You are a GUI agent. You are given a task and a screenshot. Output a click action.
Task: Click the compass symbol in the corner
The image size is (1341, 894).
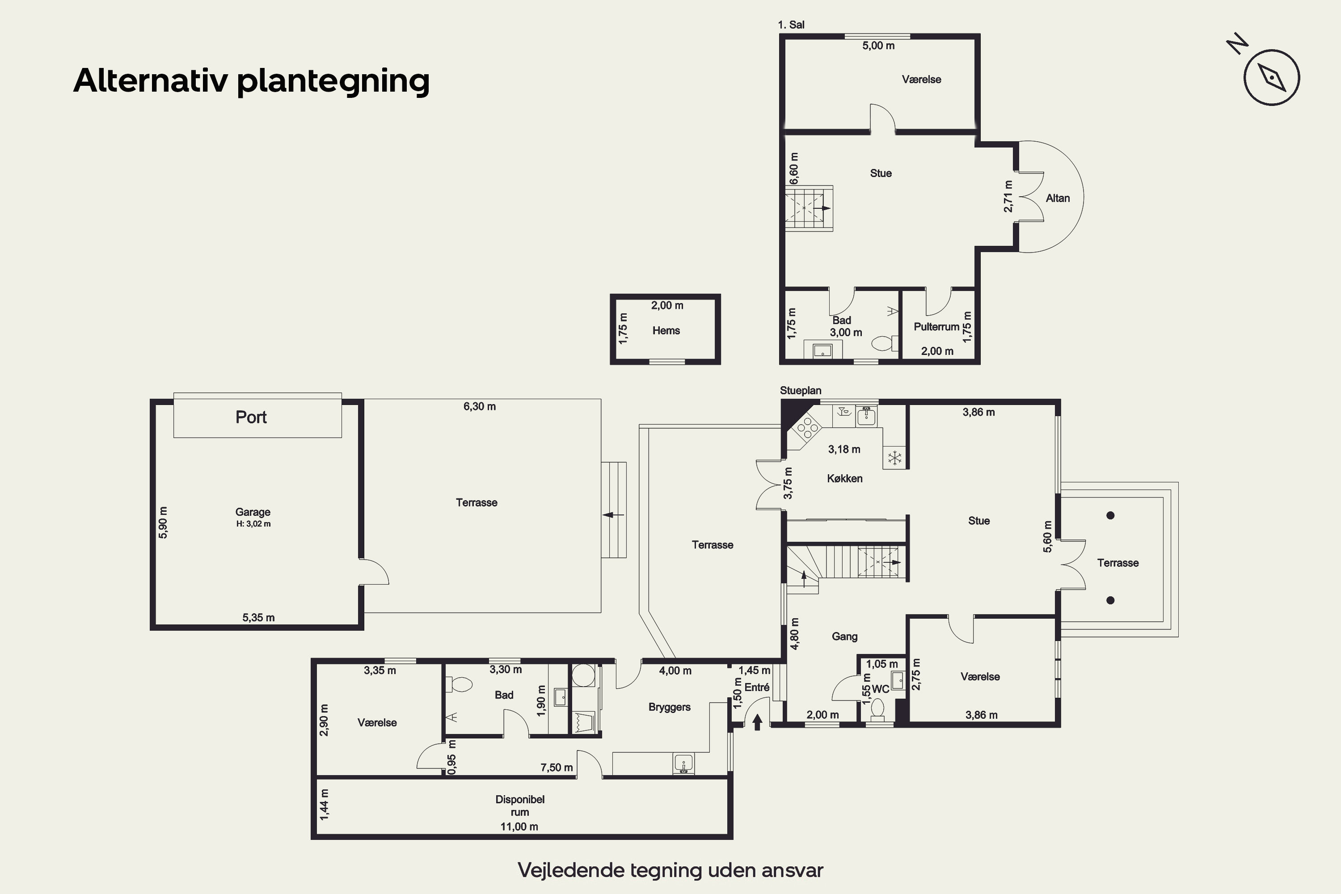[x=1271, y=77]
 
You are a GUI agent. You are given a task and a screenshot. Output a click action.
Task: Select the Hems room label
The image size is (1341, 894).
[x=666, y=331]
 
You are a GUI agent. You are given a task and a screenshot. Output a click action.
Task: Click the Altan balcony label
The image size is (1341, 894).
[x=1058, y=198]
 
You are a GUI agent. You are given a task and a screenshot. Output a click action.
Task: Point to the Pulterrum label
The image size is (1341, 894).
[x=936, y=327]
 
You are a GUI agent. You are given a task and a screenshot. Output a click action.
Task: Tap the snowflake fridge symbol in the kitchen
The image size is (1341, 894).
[x=894, y=457]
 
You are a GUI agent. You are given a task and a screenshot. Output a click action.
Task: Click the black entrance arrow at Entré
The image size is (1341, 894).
[x=757, y=722]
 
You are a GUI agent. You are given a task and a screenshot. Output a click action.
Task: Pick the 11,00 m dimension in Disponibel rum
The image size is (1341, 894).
[x=519, y=827]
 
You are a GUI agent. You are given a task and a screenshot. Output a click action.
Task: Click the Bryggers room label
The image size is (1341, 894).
[x=669, y=708]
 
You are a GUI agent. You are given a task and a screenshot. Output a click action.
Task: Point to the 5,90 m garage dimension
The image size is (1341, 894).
[x=163, y=522]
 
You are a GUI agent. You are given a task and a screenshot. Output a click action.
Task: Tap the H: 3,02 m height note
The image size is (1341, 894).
[x=253, y=524]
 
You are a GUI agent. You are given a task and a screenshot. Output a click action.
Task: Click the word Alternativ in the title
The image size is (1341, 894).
[x=151, y=80]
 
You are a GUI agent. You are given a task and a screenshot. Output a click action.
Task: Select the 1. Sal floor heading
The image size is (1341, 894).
[x=791, y=25]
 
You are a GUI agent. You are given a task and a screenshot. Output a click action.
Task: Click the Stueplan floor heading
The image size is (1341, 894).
[x=801, y=391]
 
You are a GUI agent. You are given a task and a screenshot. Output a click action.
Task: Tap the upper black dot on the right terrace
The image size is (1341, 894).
[x=1110, y=515]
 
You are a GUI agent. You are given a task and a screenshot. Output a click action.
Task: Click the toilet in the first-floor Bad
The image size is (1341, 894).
[x=881, y=343]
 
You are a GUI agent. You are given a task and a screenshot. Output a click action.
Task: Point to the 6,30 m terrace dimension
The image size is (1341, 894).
[x=480, y=406]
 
